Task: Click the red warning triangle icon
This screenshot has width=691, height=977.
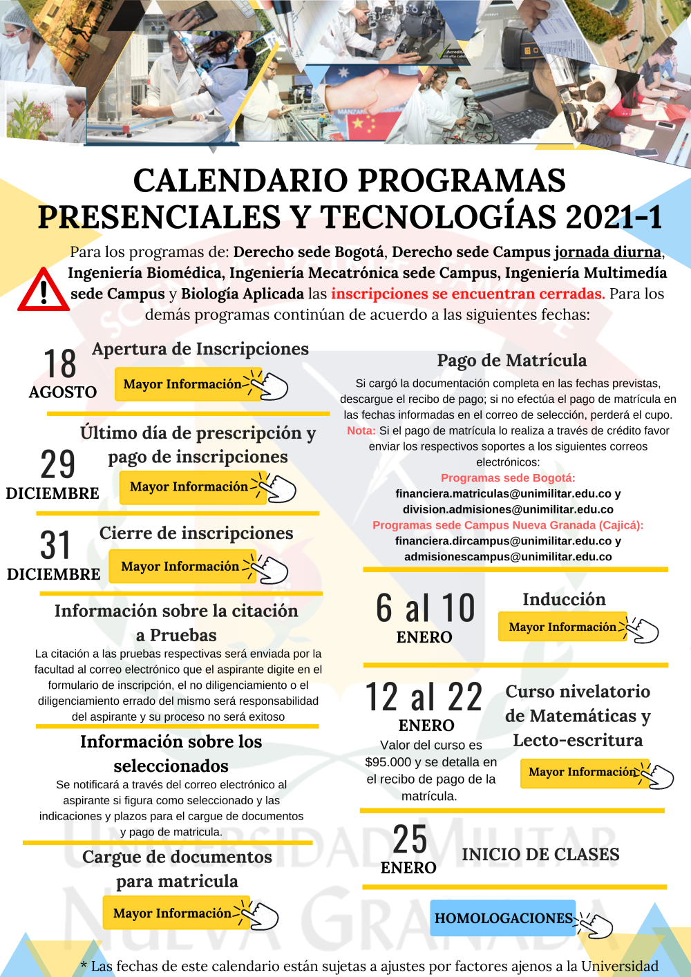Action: coord(43,290)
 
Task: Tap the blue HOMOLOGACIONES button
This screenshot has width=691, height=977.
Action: coord(503,918)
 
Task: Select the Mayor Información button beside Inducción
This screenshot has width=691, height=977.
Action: coord(562,627)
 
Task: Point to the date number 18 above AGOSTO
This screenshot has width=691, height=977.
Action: coord(60,364)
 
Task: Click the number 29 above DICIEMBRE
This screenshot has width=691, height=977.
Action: coord(58,464)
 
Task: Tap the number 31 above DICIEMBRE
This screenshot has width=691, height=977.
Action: coord(55,545)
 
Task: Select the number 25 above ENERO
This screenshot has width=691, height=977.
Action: coord(410,840)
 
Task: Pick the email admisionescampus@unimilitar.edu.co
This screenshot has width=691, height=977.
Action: coord(508,557)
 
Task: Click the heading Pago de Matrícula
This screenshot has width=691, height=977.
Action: coord(511,360)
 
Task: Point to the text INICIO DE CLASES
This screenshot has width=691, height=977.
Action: coord(540,855)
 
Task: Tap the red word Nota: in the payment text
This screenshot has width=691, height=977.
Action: coord(361,430)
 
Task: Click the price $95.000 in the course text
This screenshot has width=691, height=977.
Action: coord(388,762)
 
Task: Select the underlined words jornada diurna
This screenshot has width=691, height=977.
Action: coord(607,252)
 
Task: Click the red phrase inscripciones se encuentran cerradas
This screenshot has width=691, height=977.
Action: coord(468,294)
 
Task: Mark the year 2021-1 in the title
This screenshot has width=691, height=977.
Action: coord(614,217)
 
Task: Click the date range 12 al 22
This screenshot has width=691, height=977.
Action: coord(424,696)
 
